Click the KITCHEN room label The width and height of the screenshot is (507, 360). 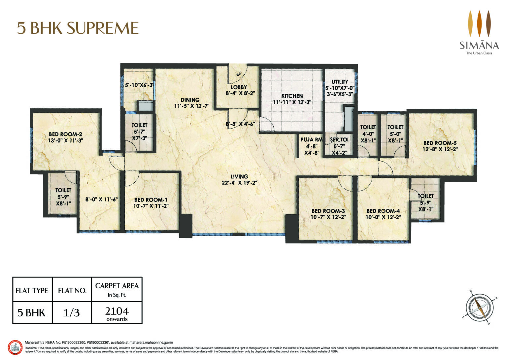click(x=292, y=96)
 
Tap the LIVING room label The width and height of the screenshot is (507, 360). click(x=239, y=176)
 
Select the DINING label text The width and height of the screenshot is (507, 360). click(x=190, y=100)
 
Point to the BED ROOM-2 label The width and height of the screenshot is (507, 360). click(x=65, y=134)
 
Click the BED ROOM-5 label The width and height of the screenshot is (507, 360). click(x=440, y=143)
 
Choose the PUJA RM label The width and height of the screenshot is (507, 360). click(x=311, y=140)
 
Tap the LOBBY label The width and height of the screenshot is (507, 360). click(x=239, y=87)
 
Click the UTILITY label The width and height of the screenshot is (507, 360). click(x=340, y=82)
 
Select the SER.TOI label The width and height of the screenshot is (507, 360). click(x=339, y=140)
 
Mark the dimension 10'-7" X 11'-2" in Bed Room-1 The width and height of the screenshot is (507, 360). click(x=151, y=206)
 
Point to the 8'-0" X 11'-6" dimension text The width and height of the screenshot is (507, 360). click(x=102, y=199)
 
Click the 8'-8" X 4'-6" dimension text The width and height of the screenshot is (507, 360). click(x=242, y=124)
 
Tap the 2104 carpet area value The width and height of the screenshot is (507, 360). click(x=117, y=311)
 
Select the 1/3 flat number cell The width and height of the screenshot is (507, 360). click(x=71, y=312)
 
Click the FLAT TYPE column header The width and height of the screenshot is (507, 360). click(x=32, y=291)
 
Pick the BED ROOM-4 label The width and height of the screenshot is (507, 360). click(x=383, y=211)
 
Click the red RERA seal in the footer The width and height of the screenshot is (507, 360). click(x=15, y=348)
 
